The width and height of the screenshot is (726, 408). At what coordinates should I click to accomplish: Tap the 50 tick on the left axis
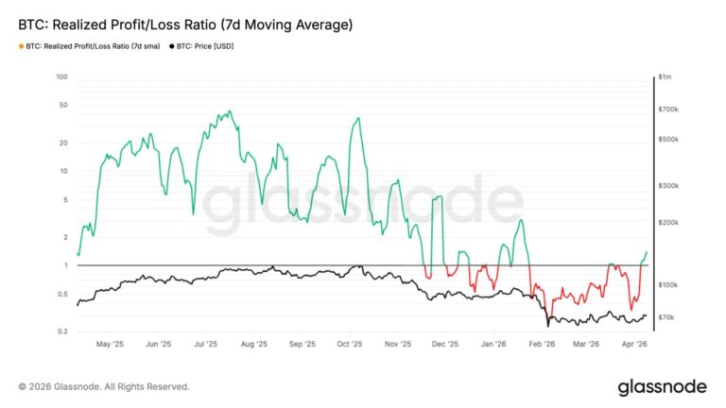pos(62,105)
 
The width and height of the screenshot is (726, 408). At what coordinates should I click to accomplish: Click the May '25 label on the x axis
pos(111,345)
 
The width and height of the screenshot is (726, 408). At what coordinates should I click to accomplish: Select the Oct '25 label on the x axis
pos(350,345)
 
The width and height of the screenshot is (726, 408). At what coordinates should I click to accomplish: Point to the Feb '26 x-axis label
pos(541,345)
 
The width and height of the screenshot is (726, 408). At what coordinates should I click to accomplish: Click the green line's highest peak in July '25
pos(228,111)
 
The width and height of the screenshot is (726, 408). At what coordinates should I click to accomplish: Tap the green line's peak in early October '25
pos(357,119)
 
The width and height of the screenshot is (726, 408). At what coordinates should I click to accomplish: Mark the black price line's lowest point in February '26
pos(547,326)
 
